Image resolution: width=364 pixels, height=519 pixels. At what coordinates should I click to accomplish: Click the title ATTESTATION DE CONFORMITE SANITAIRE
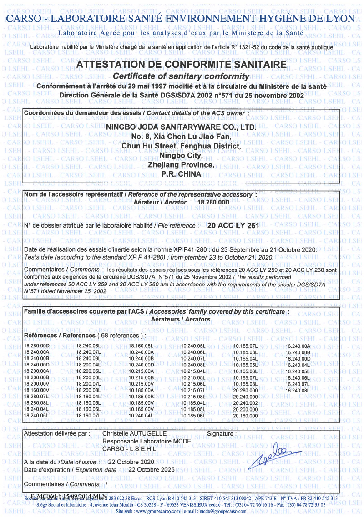pos(182,65)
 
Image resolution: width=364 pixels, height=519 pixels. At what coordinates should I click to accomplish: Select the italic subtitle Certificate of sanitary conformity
pos(181,76)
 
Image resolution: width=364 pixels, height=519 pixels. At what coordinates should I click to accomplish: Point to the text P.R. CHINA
pos(181,174)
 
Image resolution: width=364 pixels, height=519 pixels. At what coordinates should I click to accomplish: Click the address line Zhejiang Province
pos(181,165)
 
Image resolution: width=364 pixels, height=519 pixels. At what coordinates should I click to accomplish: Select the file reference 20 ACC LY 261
pos(233,225)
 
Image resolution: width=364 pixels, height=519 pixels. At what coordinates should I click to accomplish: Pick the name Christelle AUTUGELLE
pos(135,433)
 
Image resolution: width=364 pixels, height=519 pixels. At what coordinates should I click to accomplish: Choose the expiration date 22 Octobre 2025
pos(152,469)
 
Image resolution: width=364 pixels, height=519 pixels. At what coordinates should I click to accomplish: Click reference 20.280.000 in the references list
pos(246,390)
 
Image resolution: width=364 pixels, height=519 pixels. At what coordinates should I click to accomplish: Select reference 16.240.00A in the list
pos(298,346)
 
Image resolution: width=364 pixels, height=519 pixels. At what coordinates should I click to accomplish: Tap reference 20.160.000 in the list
pos(246,416)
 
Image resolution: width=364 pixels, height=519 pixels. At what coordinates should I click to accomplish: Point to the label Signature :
pos(222,433)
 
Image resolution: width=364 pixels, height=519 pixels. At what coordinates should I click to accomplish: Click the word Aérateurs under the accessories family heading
pos(167,319)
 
